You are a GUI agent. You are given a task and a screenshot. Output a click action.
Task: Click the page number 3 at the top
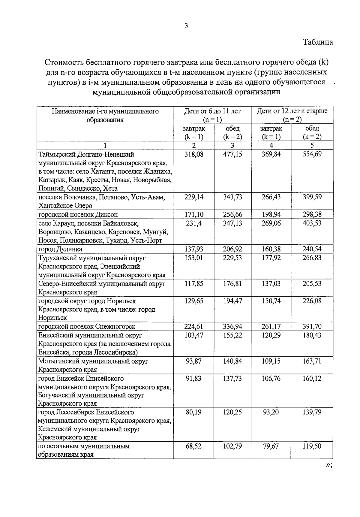[x=186, y=26]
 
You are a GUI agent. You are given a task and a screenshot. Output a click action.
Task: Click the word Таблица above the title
[x=318, y=42]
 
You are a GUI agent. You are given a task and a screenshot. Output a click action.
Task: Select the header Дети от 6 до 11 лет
[x=212, y=111]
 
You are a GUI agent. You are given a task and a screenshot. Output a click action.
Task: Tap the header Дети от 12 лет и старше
[x=292, y=111]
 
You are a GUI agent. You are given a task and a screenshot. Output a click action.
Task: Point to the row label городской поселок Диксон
[x=78, y=215]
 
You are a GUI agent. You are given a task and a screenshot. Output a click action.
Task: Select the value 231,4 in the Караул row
[x=194, y=223]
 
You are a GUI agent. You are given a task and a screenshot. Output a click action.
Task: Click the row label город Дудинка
[x=60, y=249]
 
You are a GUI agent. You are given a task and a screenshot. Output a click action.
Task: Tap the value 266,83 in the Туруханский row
[x=312, y=258]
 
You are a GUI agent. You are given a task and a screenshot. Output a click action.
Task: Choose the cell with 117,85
[x=194, y=284]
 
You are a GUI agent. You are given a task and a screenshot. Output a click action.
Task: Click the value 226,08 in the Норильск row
[x=312, y=301]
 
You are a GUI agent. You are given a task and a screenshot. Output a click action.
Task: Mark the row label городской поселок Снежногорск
[x=87, y=326]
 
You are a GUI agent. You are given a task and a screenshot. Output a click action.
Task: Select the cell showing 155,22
[x=232, y=335]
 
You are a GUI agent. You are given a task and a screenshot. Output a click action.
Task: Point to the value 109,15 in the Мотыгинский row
[x=271, y=361]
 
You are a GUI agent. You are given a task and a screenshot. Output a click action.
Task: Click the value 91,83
[x=194, y=379]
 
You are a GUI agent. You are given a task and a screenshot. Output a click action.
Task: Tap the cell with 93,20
[x=271, y=412]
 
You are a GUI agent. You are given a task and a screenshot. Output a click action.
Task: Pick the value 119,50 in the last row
[x=312, y=446]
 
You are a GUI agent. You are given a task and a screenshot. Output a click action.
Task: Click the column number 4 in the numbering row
[x=271, y=146]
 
